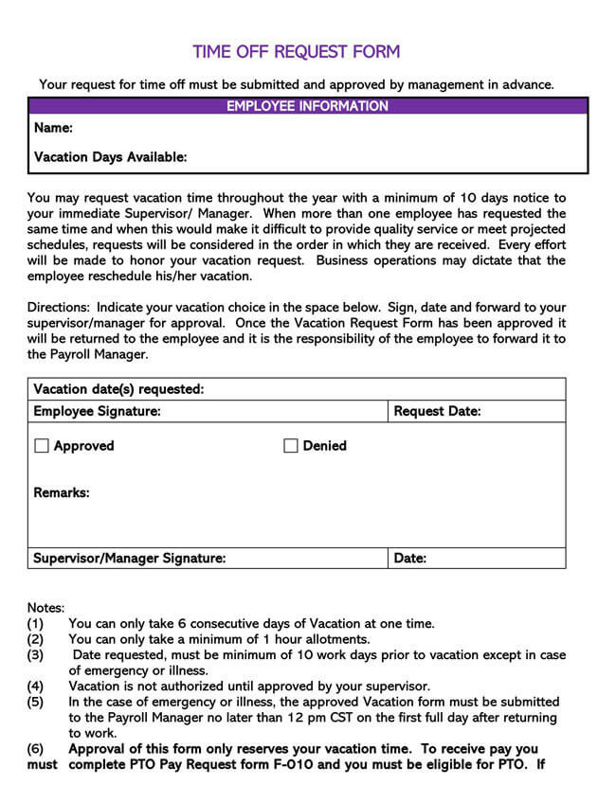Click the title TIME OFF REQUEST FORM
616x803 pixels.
(296, 52)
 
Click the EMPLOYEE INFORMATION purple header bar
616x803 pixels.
(307, 106)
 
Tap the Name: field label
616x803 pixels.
(53, 128)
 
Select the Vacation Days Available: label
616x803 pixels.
(110, 157)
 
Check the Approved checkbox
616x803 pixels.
(42, 446)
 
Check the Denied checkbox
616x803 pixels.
(291, 446)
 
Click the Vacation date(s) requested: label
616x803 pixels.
(118, 389)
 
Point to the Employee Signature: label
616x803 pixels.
(97, 411)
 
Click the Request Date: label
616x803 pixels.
(437, 411)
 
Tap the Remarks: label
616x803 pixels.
(62, 492)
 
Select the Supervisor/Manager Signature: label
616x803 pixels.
(129, 558)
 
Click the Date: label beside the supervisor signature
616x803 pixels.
(409, 558)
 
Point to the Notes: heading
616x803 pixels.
(45, 608)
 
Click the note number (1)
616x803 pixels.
(35, 623)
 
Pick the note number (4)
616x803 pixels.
(35, 686)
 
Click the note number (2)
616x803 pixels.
(35, 639)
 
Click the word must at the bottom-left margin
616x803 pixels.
(42, 764)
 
